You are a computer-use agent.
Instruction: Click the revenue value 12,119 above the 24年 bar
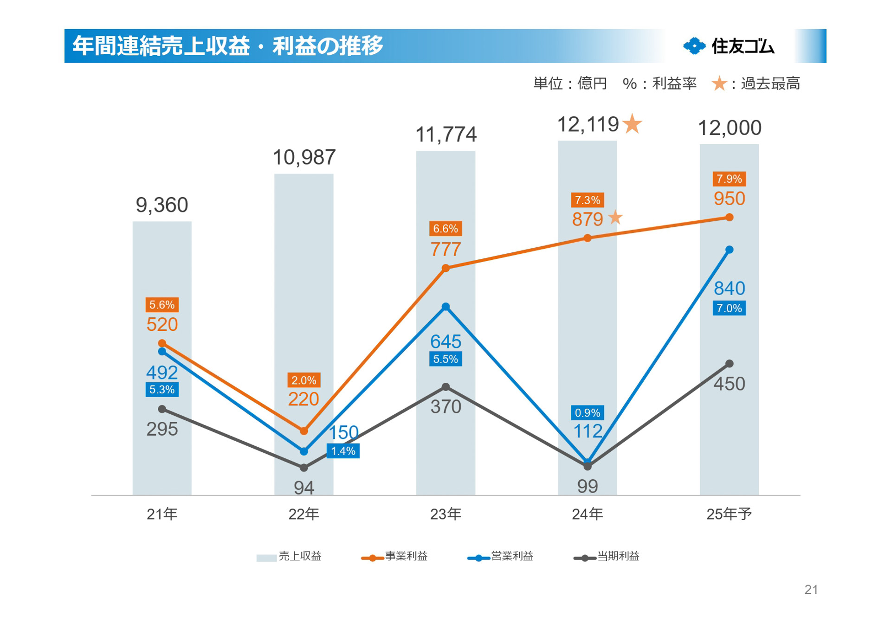pos(588,125)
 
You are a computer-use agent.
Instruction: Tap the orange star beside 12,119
pos(632,124)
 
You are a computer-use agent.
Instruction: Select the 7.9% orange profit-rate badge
pos(729,179)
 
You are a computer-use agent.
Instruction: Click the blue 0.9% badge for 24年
pos(587,412)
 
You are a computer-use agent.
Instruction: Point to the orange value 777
pos(445,250)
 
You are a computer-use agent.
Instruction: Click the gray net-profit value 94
pos(304,488)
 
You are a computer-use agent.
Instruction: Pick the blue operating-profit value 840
pos(729,289)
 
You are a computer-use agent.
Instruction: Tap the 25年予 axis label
pos(729,514)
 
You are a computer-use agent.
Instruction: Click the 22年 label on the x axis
pos(304,514)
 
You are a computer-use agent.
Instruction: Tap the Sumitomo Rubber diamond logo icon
pos(694,46)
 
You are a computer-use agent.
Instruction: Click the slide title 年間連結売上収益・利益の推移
pos(228,46)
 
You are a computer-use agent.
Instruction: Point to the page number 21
pos(811,590)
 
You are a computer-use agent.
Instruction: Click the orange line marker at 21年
pos(162,343)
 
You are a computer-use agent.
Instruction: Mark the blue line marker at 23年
pos(445,307)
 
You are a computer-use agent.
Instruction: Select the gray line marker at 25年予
pos(729,364)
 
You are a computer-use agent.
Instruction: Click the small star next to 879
pos(615,217)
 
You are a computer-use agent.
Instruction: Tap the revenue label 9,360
pos(162,205)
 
